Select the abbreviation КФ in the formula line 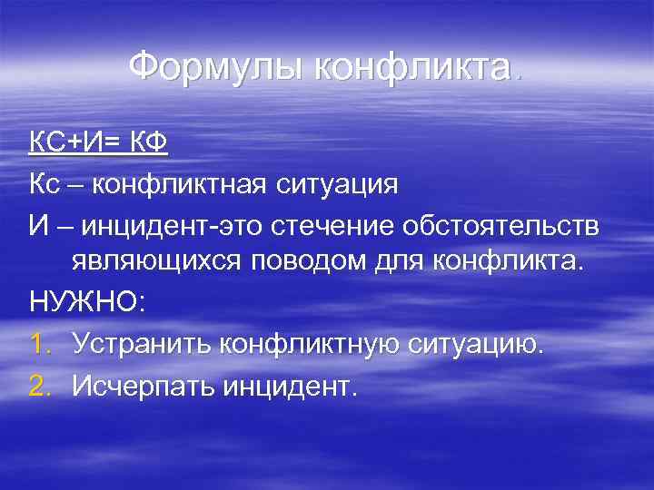click(152, 142)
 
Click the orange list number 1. click(38, 344)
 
